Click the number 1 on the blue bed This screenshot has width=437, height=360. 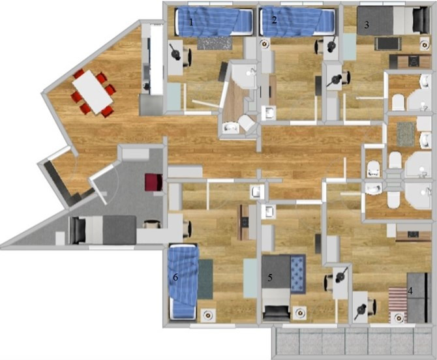click(191, 22)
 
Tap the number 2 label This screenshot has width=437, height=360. click(275, 20)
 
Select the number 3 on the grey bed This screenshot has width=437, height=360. click(367, 25)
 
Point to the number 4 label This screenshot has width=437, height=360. click(410, 291)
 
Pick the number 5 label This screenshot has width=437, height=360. click(270, 278)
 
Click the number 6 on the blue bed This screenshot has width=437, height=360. click(175, 277)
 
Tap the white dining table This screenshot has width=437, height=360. click(93, 91)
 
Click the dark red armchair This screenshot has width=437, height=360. click(153, 182)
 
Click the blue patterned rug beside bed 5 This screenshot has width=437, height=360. click(298, 274)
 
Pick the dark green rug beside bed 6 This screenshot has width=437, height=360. click(205, 279)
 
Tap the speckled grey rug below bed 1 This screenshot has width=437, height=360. click(215, 43)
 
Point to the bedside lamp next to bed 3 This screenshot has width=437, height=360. click(425, 44)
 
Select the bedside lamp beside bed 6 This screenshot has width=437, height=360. click(207, 315)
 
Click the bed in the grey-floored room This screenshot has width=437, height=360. click(103, 230)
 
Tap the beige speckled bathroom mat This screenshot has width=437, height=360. click(406, 134)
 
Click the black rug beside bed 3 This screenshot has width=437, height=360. click(387, 44)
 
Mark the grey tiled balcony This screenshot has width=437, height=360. click(352, 342)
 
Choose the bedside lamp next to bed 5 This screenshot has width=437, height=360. click(301, 313)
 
